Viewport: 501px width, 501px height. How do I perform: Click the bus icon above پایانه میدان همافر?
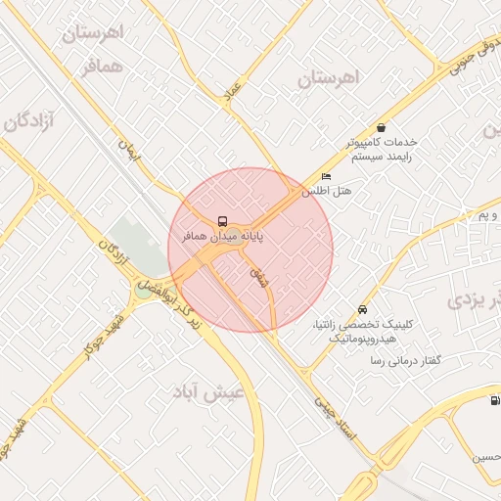tap(223, 221)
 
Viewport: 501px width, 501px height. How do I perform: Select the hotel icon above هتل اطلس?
tap(326, 177)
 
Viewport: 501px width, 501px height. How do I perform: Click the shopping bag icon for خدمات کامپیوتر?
tap(381, 127)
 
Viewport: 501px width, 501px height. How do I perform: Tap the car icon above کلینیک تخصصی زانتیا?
tap(363, 309)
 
